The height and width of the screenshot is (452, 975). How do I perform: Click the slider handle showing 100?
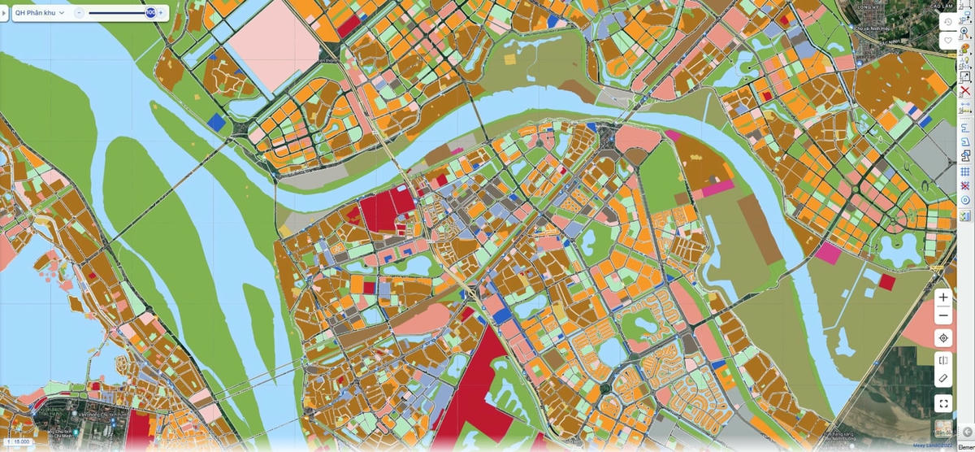click(x=150, y=12)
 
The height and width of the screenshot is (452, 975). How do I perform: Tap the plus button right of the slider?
click(x=161, y=12)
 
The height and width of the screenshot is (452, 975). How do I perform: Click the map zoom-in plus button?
click(x=943, y=298)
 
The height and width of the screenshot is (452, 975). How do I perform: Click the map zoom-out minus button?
click(x=943, y=316)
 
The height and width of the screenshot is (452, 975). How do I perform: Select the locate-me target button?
click(x=943, y=338)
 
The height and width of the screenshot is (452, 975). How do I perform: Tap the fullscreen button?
click(x=943, y=402)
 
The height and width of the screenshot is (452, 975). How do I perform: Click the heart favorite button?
click(x=947, y=40)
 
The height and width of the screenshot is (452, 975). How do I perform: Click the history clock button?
click(x=947, y=22)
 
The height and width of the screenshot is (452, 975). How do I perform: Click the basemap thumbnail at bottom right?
click(x=943, y=428)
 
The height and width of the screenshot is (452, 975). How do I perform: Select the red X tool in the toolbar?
click(x=965, y=91)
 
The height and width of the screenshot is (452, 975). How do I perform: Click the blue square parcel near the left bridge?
click(x=216, y=122)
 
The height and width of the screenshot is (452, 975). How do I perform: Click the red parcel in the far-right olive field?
click(x=886, y=282)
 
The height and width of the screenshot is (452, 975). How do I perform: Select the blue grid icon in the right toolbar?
click(x=965, y=172)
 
